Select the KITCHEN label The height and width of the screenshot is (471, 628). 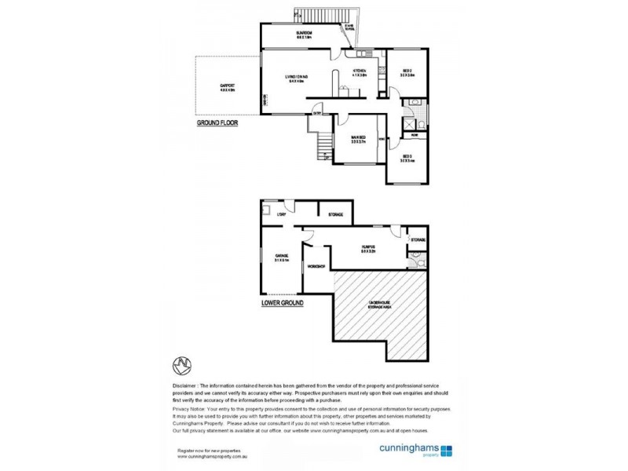(360, 73)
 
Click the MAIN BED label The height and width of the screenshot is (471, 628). (360, 138)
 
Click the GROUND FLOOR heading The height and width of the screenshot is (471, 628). (217, 123)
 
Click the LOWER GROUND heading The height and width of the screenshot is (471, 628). (283, 302)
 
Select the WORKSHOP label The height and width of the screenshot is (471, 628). (317, 267)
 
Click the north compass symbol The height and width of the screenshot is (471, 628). (182, 366)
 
